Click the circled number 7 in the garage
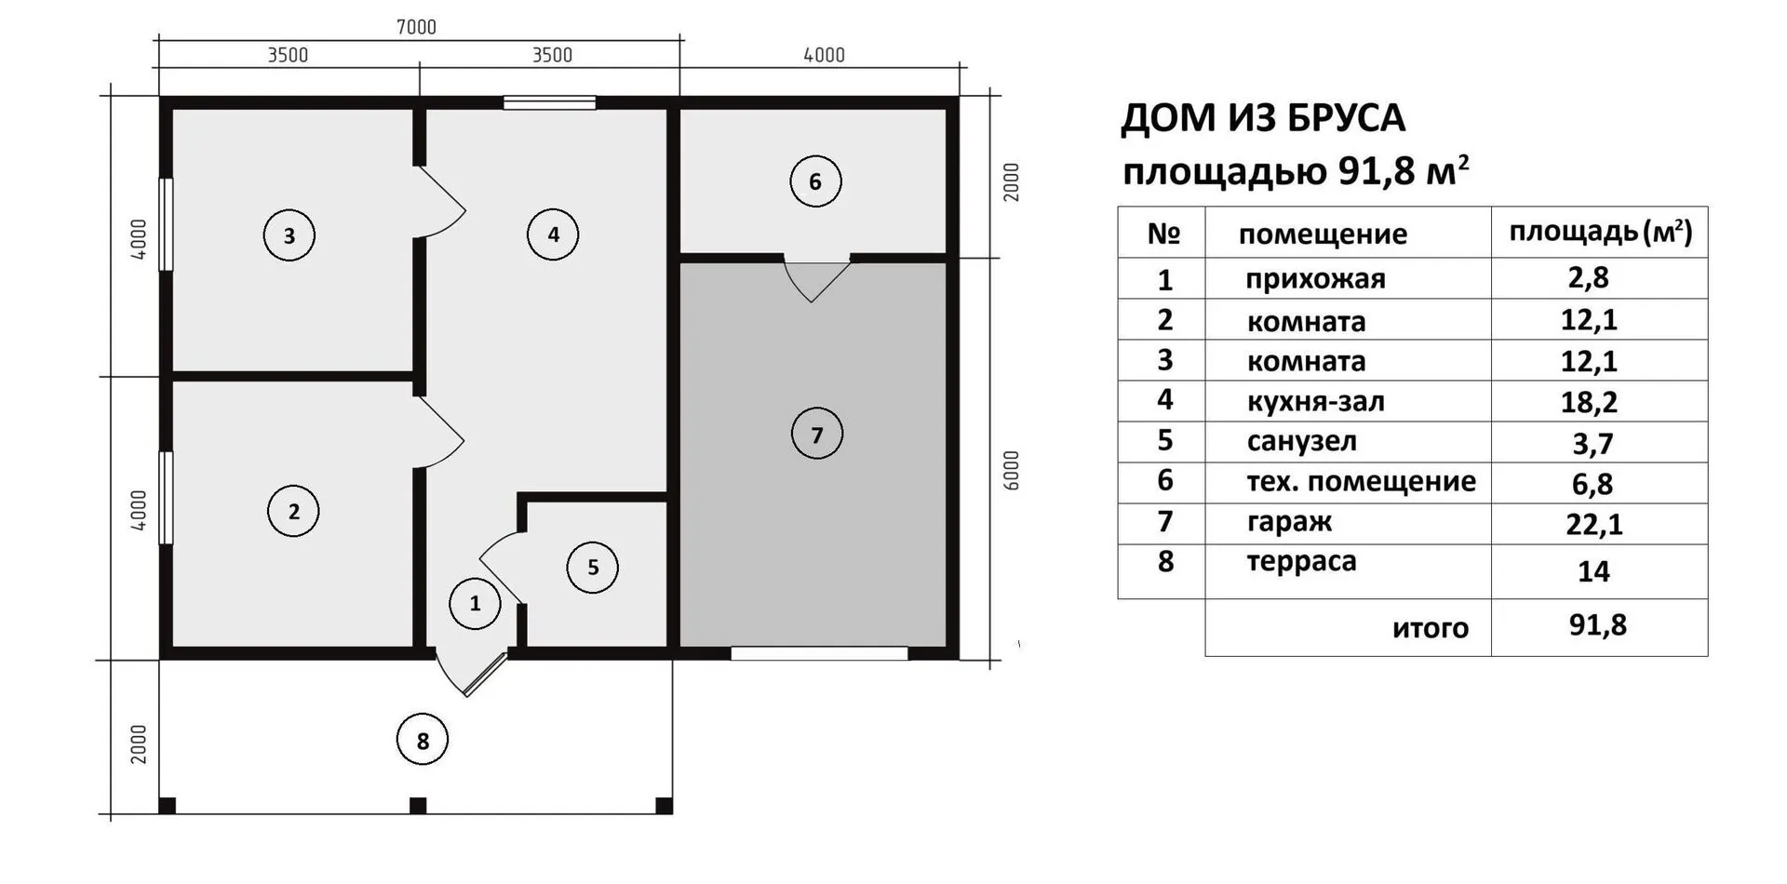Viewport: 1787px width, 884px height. click(816, 435)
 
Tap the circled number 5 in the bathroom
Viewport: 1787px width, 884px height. click(593, 568)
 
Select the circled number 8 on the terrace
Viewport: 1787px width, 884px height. click(423, 741)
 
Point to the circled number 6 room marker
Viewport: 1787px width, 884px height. click(815, 181)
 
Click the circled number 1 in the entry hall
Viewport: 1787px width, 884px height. click(475, 604)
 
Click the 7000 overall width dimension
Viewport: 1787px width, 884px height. click(416, 27)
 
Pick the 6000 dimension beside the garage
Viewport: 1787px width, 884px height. click(1012, 470)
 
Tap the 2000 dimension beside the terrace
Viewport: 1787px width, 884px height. click(139, 744)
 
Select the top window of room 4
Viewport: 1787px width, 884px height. click(549, 103)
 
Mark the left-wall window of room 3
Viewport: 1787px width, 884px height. click(166, 224)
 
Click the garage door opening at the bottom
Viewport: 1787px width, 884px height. click(819, 653)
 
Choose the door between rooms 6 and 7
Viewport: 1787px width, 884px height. click(816, 277)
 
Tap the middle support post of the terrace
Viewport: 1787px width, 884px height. click(418, 806)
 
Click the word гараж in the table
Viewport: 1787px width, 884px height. click(1289, 523)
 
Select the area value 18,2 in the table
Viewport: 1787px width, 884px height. click(1589, 402)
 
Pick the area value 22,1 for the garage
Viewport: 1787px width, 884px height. click(1593, 525)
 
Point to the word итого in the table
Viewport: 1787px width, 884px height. click(1431, 628)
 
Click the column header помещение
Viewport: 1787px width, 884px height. click(1323, 234)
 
